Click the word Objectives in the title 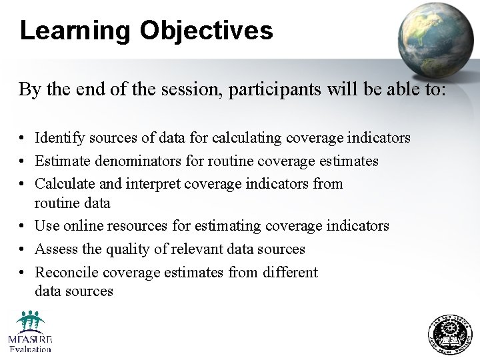coord(207,31)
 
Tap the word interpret coord(157,183)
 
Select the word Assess coord(56,249)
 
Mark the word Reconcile coord(67,272)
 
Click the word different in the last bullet coord(288,272)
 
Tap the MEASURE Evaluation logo coord(30,331)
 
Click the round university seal coord(449,335)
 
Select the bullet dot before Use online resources coord(23,227)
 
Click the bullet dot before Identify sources coord(23,139)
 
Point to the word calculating coord(247,138)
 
